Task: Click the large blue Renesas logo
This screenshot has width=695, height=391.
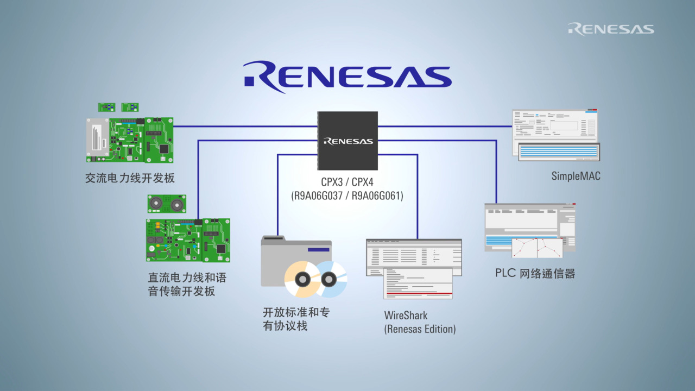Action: click(347, 77)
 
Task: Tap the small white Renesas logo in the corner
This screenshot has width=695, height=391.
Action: click(611, 29)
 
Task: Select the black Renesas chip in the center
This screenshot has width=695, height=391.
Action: click(347, 141)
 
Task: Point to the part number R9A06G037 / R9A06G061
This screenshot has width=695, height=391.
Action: click(347, 195)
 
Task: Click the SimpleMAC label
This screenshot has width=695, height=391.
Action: click(576, 176)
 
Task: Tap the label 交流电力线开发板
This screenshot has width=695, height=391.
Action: click(130, 178)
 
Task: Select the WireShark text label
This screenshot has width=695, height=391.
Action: click(406, 316)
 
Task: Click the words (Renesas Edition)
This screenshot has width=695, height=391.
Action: click(420, 329)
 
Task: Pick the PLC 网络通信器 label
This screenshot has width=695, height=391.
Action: click(535, 273)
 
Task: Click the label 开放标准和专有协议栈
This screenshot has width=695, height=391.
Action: click(296, 319)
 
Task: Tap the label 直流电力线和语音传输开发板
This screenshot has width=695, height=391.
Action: click(187, 285)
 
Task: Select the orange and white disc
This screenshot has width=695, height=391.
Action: click(302, 279)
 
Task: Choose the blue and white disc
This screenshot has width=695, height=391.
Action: click(329, 279)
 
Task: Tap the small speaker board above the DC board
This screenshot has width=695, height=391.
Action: click(166, 204)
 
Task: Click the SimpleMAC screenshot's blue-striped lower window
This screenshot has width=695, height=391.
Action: click(559, 152)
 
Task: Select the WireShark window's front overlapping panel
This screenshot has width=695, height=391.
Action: click(418, 283)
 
